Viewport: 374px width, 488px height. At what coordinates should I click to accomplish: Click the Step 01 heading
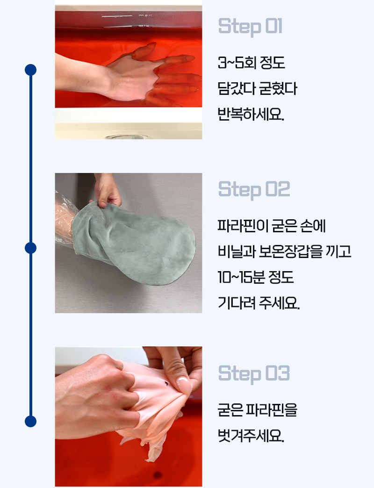tap(250, 27)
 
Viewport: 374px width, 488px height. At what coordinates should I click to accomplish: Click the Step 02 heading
tap(254, 189)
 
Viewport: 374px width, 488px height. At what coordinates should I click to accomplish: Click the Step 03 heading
tap(254, 374)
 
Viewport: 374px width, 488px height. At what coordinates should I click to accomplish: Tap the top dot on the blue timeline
tap(30, 70)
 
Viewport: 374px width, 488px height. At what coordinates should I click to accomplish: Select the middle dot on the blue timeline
tap(30, 248)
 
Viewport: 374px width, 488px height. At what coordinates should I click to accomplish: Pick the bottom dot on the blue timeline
tap(30, 421)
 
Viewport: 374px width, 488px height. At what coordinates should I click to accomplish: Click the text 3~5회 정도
tap(252, 63)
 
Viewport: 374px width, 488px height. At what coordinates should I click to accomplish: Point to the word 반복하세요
tap(251, 114)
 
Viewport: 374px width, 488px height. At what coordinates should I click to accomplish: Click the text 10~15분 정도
tap(255, 277)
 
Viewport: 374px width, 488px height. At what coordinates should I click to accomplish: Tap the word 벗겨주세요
tap(251, 436)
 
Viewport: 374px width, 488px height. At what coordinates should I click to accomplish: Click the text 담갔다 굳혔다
tap(257, 89)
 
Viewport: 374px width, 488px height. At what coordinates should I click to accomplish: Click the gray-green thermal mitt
tap(134, 243)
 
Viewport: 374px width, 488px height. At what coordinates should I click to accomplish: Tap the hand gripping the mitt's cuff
tap(108, 190)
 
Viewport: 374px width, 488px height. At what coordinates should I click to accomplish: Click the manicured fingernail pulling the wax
tap(184, 384)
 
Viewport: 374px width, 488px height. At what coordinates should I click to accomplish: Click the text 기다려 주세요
tap(259, 303)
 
